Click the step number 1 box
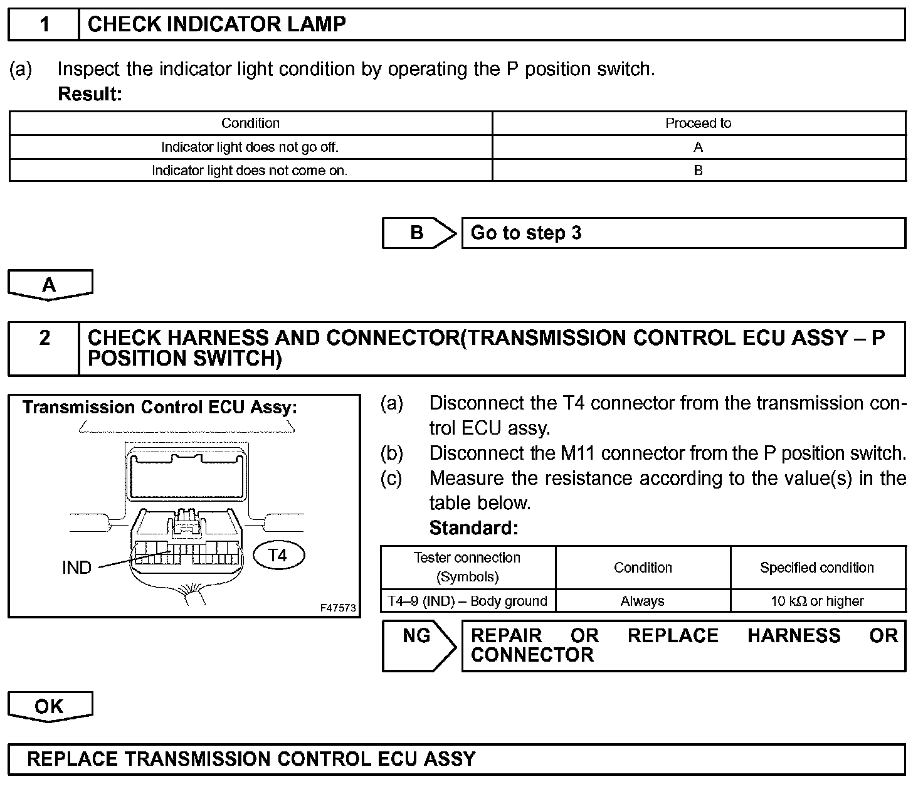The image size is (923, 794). (44, 25)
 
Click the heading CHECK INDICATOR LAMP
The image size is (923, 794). (216, 25)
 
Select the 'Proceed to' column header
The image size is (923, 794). (698, 124)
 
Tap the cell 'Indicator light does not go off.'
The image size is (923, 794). (250, 147)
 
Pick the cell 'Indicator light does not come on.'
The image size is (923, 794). (250, 171)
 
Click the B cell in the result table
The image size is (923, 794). (698, 171)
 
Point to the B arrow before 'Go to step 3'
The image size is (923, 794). (418, 233)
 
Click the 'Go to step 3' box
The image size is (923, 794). (683, 233)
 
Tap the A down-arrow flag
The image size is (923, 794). (50, 285)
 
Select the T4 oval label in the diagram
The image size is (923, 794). (278, 555)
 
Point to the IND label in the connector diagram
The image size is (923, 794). (76, 568)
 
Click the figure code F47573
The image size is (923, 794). (338, 608)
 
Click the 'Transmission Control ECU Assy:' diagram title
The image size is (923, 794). (160, 408)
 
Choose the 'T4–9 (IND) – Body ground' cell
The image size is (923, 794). (468, 601)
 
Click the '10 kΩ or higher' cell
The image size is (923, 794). (817, 601)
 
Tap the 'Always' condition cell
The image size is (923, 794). (642, 601)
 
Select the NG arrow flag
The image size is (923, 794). (418, 646)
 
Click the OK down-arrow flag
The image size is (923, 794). (50, 707)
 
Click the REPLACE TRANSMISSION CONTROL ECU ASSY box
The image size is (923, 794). (456, 760)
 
